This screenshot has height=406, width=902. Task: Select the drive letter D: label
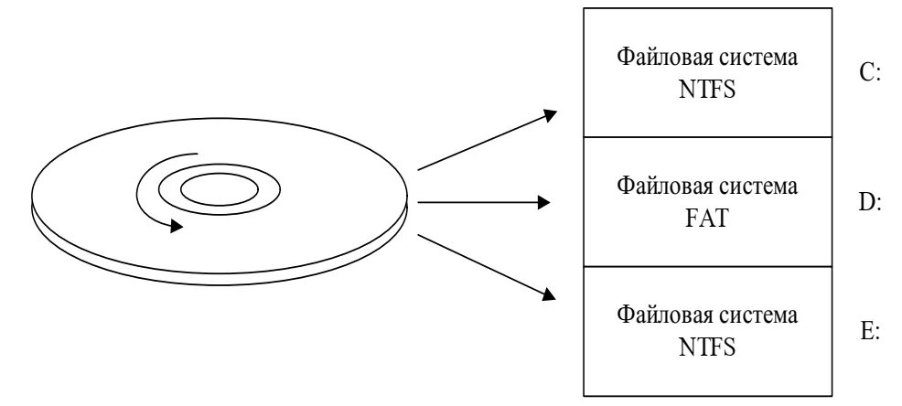click(x=870, y=202)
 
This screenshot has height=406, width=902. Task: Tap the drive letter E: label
click(x=870, y=331)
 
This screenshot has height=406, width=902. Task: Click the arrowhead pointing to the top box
click(x=550, y=115)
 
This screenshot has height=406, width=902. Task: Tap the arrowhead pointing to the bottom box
click(x=550, y=294)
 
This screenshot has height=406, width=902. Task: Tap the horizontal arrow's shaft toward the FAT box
click(x=476, y=202)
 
